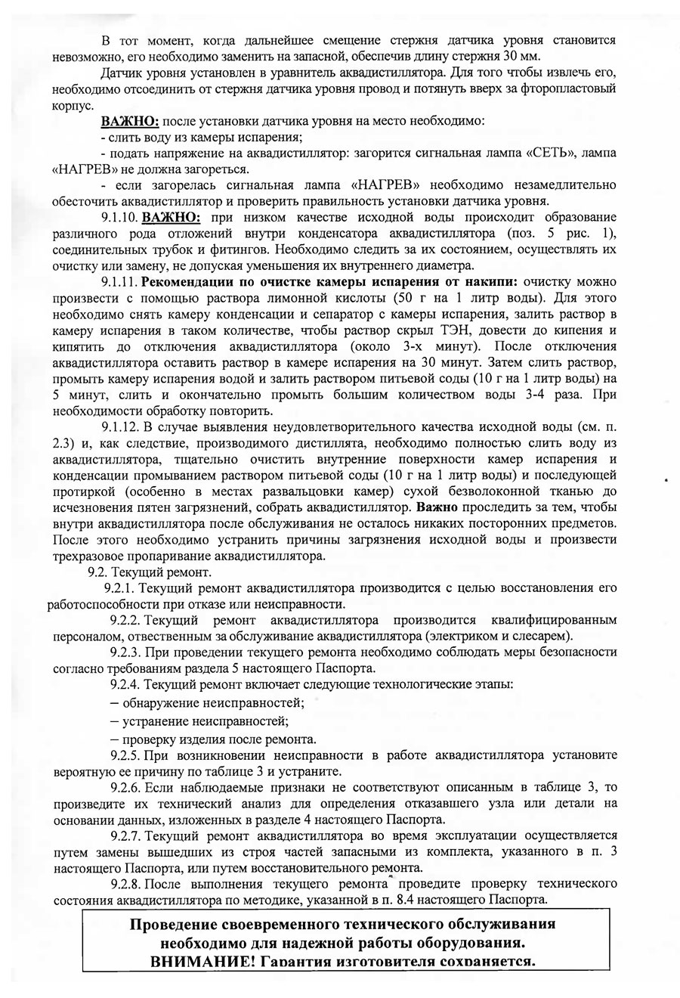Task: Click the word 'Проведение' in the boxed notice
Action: click(x=175, y=925)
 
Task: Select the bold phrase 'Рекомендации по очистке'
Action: click(x=220, y=281)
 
